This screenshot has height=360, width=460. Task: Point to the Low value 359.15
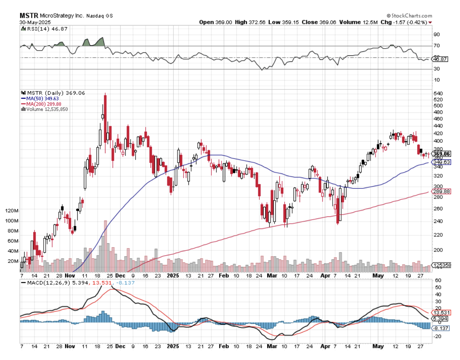tap(297, 22)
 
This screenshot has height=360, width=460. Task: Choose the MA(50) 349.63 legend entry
tap(41, 98)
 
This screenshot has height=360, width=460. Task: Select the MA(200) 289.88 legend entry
tap(42, 104)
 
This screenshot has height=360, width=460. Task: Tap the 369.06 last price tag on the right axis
tap(441, 154)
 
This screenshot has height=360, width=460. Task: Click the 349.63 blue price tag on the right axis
tap(441, 162)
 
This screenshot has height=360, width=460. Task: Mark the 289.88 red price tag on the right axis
tap(441, 191)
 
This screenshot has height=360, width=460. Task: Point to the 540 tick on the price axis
tap(438, 93)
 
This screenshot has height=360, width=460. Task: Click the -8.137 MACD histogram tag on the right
tap(441, 328)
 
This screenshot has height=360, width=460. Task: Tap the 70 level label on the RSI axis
tap(437, 46)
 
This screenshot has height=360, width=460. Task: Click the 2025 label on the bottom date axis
tap(173, 347)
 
